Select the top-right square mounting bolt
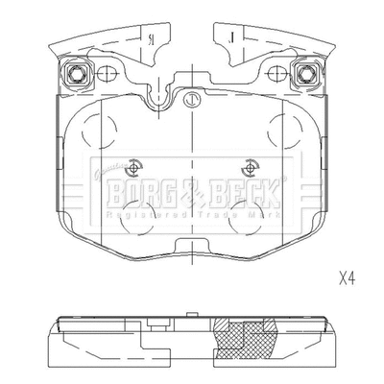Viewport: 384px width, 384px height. coord(307,72)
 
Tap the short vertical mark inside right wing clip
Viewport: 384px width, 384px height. coord(232,38)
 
